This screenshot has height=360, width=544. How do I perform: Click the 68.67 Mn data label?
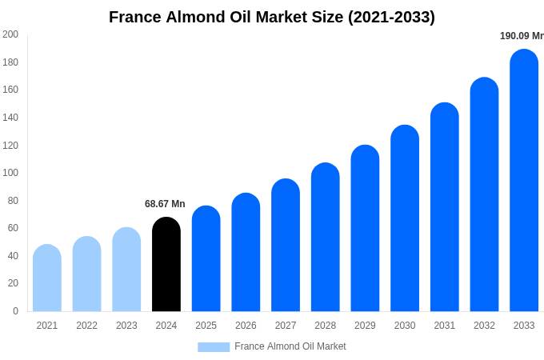tap(165, 204)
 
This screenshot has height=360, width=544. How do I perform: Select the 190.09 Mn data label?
tap(521, 36)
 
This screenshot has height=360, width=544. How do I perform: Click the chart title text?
tap(272, 17)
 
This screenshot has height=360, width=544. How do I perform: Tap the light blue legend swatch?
tap(214, 347)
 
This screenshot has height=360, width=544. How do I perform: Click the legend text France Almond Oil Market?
tap(290, 346)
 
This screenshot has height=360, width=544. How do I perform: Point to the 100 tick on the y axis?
tap(10, 173)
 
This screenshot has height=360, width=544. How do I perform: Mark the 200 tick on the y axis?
tap(10, 34)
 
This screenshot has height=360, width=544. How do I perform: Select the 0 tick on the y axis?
tap(15, 311)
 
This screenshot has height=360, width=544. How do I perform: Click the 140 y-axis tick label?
tap(10, 118)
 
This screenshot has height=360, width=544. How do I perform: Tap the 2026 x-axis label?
tap(246, 326)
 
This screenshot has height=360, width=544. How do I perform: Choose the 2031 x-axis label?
tap(445, 326)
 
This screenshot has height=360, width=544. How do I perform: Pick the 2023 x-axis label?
tap(126, 326)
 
